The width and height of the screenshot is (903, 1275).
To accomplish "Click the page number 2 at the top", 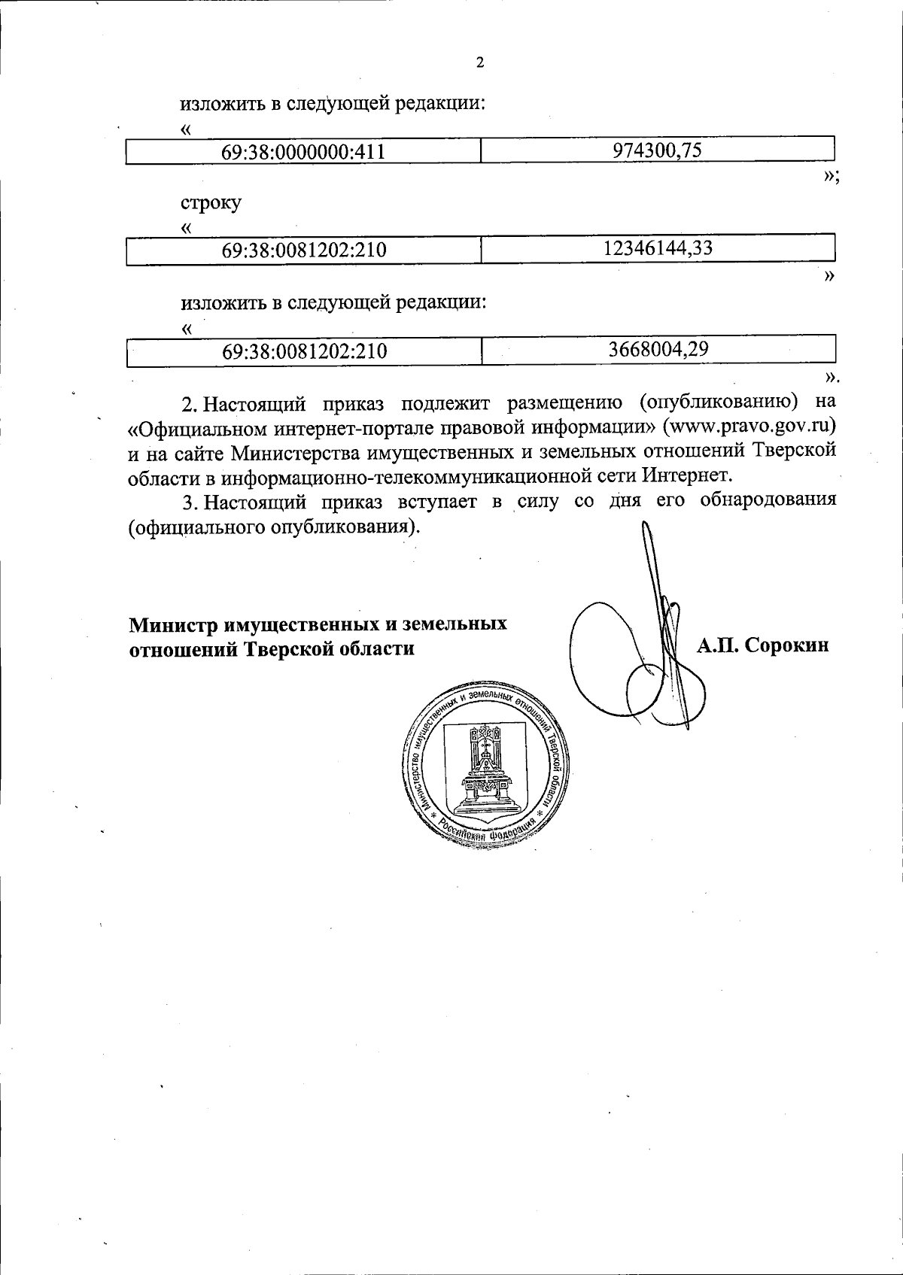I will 479,63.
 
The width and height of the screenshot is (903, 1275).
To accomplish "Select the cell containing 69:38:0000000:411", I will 303,152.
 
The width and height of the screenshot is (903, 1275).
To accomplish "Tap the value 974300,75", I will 658,150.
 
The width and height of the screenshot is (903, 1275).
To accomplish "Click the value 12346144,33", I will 658,248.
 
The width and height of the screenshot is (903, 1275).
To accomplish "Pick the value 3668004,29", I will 658,349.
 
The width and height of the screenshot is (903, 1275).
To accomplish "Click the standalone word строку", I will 211,204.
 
